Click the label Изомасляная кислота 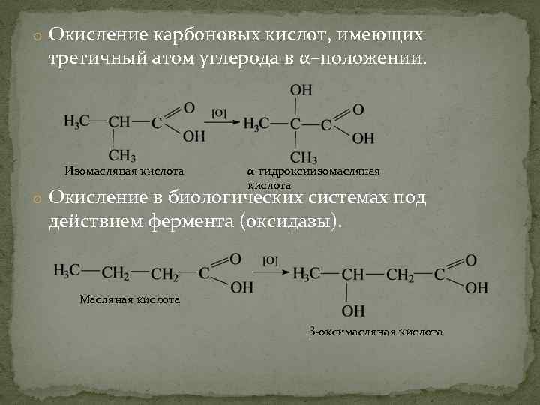point(124,172)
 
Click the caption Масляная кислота point(130,299)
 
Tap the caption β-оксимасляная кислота point(376,331)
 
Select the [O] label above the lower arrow point(271,260)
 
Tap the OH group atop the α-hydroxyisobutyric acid point(301,90)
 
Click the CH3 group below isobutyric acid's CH point(122,156)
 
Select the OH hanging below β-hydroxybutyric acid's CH point(353,310)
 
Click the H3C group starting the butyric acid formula point(67,271)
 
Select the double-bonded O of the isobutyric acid point(190,107)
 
